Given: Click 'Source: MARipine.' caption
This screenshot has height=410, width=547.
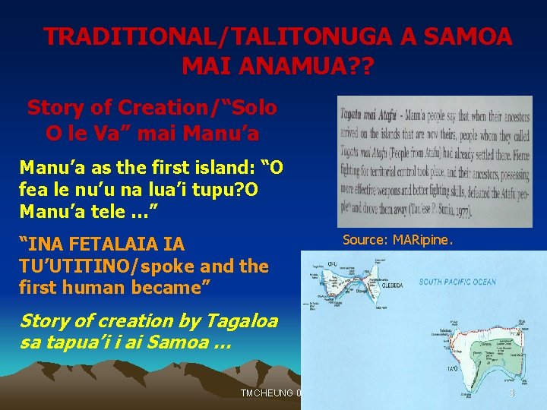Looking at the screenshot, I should click(x=397, y=240).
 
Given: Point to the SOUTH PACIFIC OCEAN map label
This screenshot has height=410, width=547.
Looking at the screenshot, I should click(x=457, y=282).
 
